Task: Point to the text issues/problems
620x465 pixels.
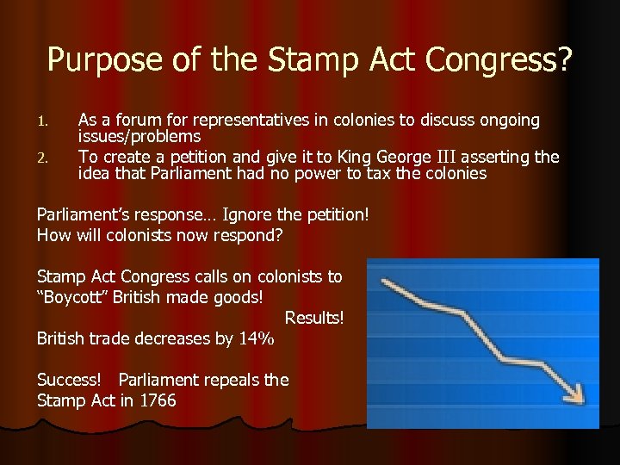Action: (x=139, y=136)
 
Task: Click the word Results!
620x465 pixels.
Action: (x=314, y=318)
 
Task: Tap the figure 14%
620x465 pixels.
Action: (x=256, y=338)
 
